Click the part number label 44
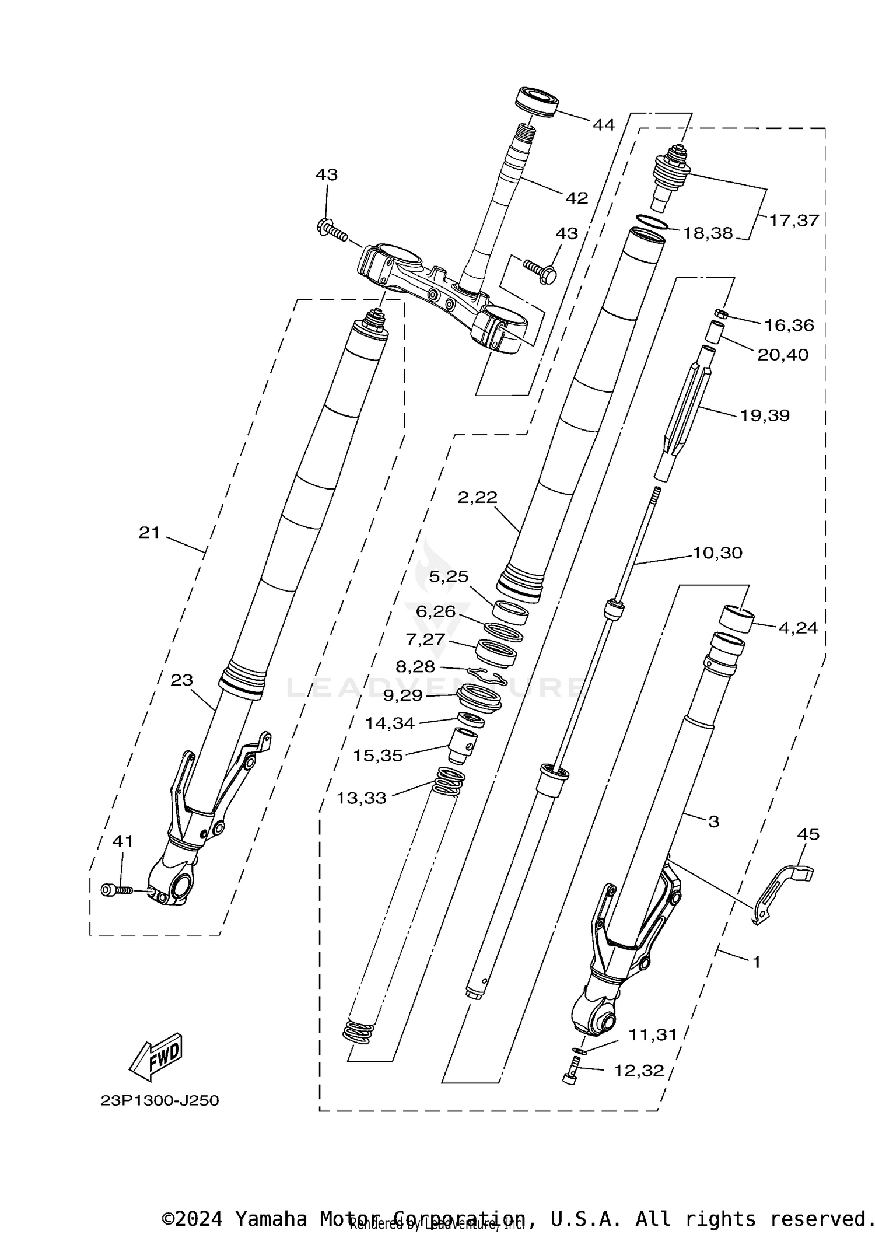click(x=604, y=124)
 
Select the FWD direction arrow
click(x=156, y=1057)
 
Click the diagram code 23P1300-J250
click(x=160, y=1101)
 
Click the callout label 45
click(x=808, y=834)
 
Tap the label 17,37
click(x=794, y=221)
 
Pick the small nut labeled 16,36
click(x=722, y=315)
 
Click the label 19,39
click(x=765, y=415)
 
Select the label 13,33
click(x=361, y=798)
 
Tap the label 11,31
click(x=652, y=1034)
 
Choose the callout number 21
click(x=149, y=532)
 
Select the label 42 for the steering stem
click(x=576, y=198)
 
